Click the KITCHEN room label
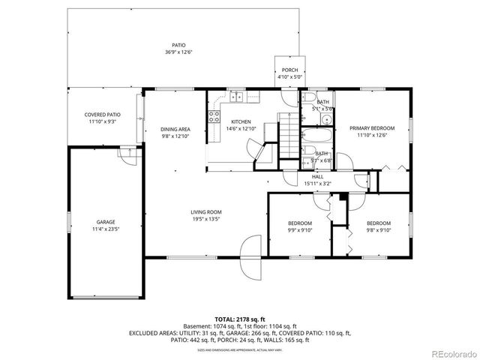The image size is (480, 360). click(x=241, y=122)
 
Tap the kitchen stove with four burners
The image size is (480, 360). click(x=214, y=117)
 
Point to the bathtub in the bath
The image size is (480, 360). click(x=316, y=137)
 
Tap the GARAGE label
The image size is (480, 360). click(x=105, y=222)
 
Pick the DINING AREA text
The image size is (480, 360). click(x=175, y=129)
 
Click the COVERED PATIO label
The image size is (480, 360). click(x=102, y=115)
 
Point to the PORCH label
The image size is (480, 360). click(x=289, y=70)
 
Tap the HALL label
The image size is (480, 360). click(x=318, y=176)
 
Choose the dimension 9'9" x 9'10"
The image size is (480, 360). click(x=300, y=230)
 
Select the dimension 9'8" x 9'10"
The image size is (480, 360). click(x=378, y=230)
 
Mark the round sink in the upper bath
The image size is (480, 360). click(x=308, y=100)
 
